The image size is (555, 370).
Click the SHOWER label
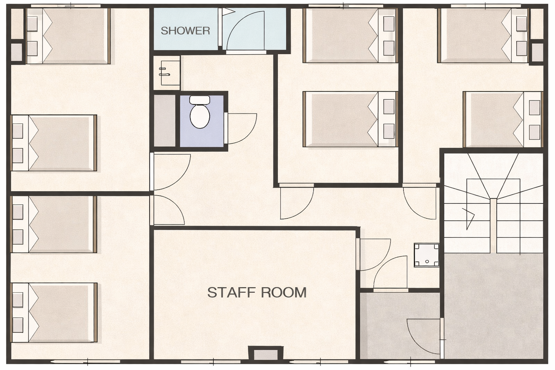(185, 31)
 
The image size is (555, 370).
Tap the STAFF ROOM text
(257, 292)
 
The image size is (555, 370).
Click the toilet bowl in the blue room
(200, 116)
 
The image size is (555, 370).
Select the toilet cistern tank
(200, 100)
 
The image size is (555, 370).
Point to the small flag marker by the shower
(228, 12)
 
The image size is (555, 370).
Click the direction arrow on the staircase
(468, 219)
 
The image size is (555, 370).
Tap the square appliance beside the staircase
(426, 255)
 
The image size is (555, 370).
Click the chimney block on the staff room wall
(266, 353)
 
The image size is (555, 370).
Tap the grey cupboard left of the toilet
(165, 120)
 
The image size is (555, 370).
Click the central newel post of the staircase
(493, 225)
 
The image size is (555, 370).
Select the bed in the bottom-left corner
(54, 313)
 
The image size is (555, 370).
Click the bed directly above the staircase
(503, 120)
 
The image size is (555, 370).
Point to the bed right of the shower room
(350, 35)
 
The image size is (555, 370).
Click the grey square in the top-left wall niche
(17, 52)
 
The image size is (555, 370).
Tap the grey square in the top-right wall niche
(537, 52)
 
